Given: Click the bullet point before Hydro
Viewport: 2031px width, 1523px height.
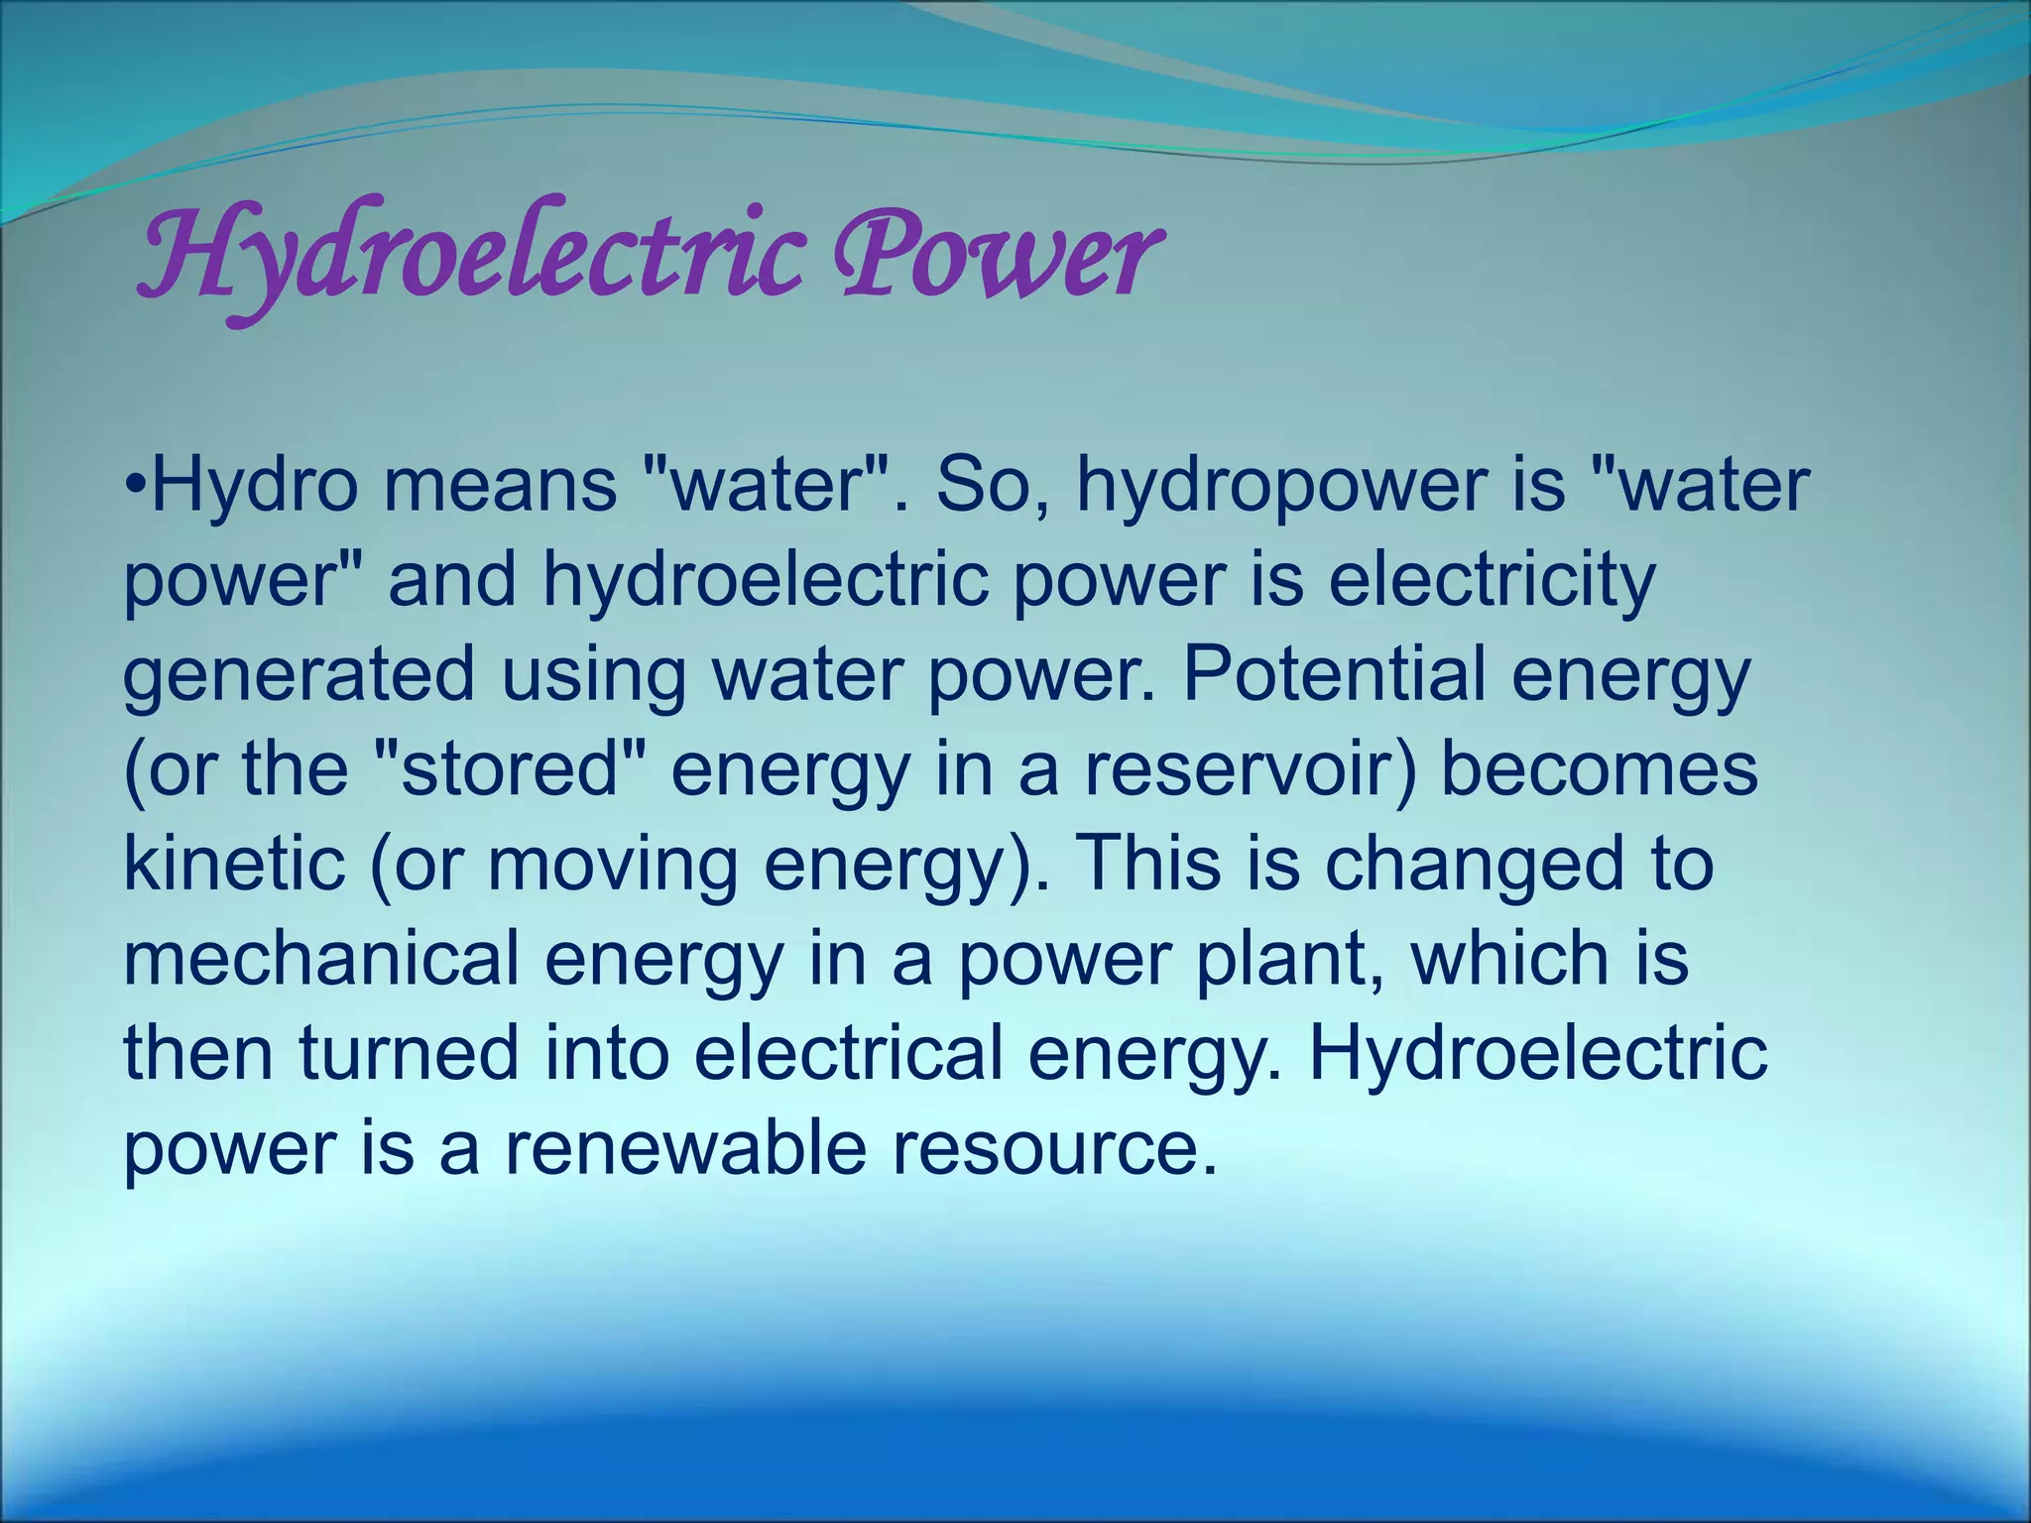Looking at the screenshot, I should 137,486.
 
